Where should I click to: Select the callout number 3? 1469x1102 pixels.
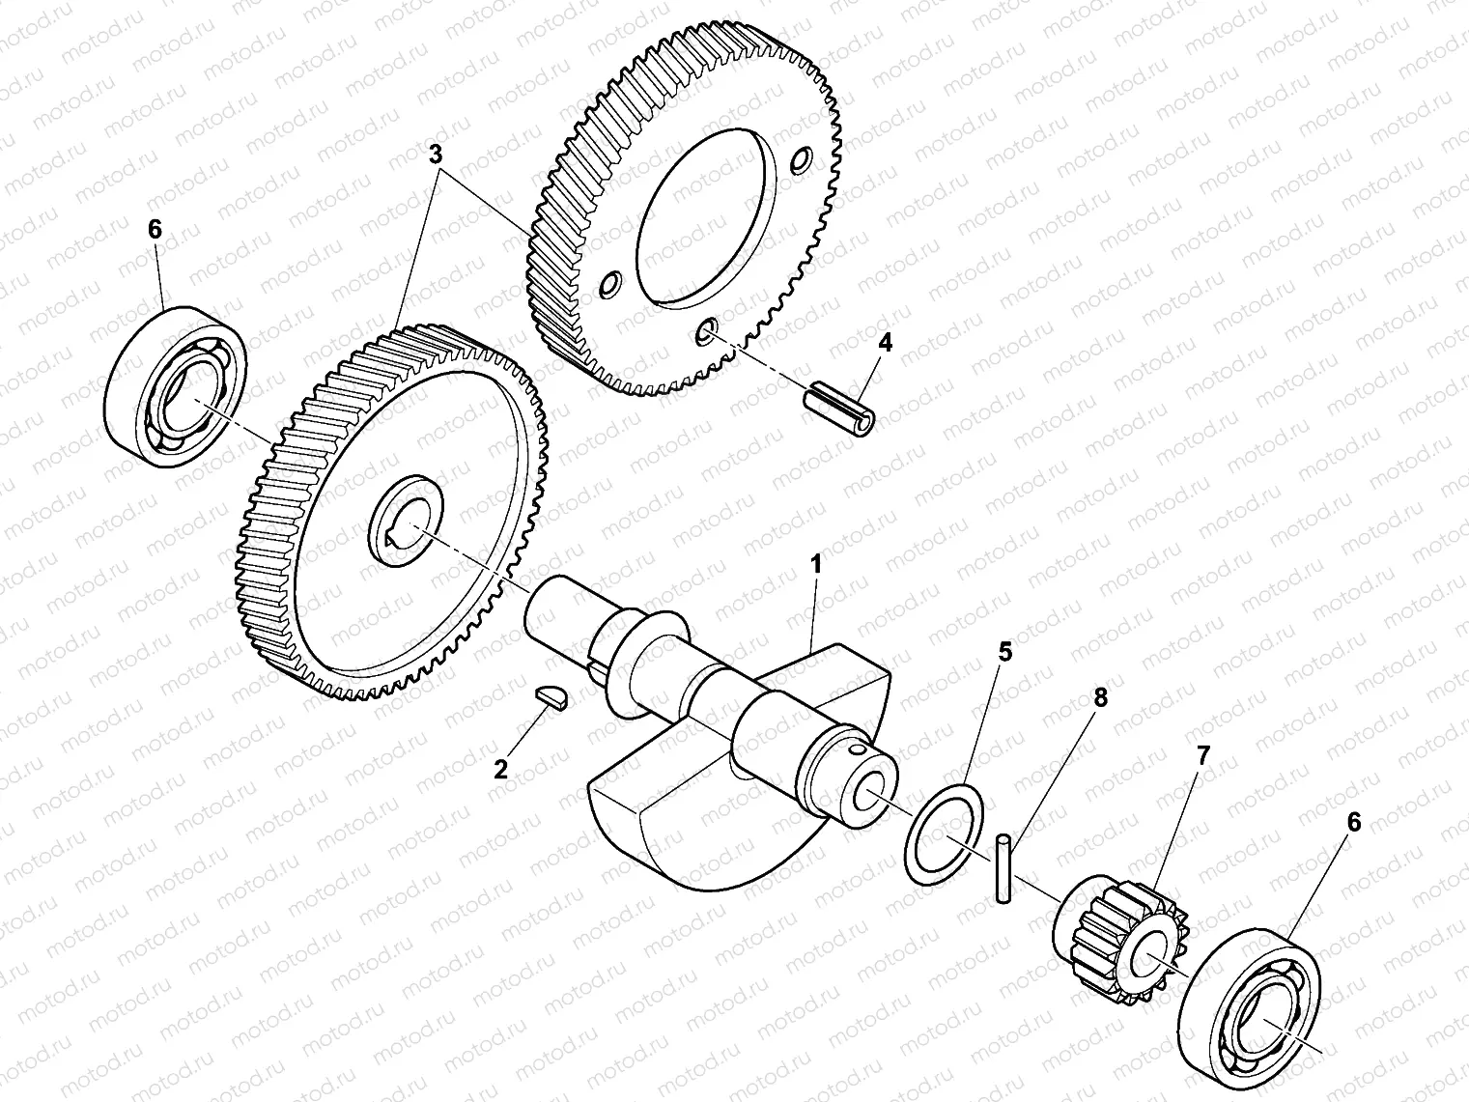click(x=436, y=154)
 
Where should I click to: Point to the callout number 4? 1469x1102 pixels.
click(x=885, y=341)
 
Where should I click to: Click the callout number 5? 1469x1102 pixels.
click(x=1004, y=652)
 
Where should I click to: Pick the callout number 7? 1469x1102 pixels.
click(x=1203, y=756)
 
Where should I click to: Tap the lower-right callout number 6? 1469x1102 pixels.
click(x=1353, y=822)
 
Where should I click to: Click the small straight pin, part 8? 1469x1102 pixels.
click(x=1003, y=868)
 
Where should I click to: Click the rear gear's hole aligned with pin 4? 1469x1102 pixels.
click(x=708, y=333)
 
